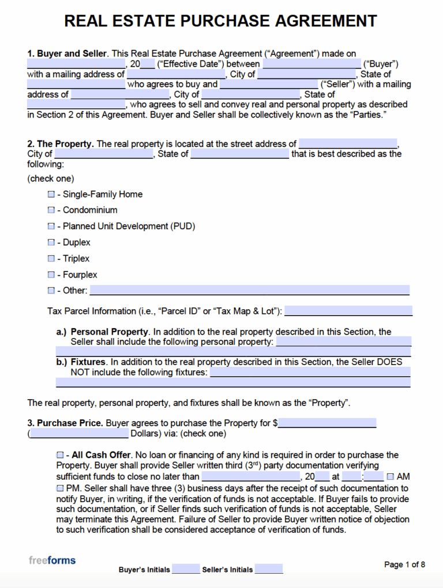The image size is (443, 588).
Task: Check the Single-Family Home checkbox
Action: coord(51,195)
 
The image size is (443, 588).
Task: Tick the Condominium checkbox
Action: coord(51,211)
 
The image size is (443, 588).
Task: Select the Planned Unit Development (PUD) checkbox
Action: coord(51,227)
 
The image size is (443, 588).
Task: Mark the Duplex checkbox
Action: coord(51,243)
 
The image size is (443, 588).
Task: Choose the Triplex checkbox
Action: coord(51,259)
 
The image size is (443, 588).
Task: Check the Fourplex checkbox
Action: coord(51,275)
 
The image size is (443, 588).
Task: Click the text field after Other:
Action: coord(249,290)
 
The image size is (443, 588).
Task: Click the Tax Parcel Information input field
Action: coord(348,312)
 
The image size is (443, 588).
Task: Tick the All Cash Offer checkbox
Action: coord(61,456)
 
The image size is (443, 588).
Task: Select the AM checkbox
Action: coord(391,477)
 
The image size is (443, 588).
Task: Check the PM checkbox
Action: coord(61,488)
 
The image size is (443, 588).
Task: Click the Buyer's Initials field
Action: coord(186,570)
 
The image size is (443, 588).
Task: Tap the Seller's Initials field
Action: coord(269,570)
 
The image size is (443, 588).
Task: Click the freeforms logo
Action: coord(52,560)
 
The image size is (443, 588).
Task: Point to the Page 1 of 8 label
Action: coord(404,564)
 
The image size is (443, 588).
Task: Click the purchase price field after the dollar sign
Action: coord(327,423)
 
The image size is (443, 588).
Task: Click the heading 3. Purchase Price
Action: coord(65,423)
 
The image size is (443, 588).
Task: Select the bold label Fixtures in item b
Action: coord(88,362)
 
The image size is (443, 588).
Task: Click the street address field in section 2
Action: coord(348,144)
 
